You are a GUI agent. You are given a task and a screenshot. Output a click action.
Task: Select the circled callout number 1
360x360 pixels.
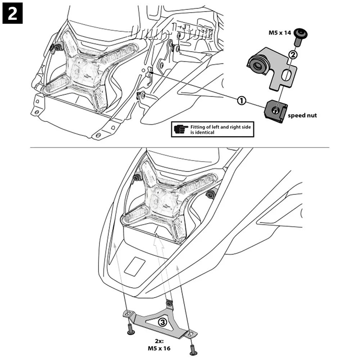tap(242, 101)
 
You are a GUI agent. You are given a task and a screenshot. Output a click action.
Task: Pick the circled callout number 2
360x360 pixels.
tap(292, 55)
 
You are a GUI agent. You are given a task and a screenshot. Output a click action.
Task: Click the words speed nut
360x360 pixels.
tap(302, 116)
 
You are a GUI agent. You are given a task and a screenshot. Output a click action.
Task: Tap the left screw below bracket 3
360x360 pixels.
tap(130, 330)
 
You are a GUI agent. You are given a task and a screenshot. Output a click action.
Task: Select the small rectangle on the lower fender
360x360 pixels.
tap(135, 266)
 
